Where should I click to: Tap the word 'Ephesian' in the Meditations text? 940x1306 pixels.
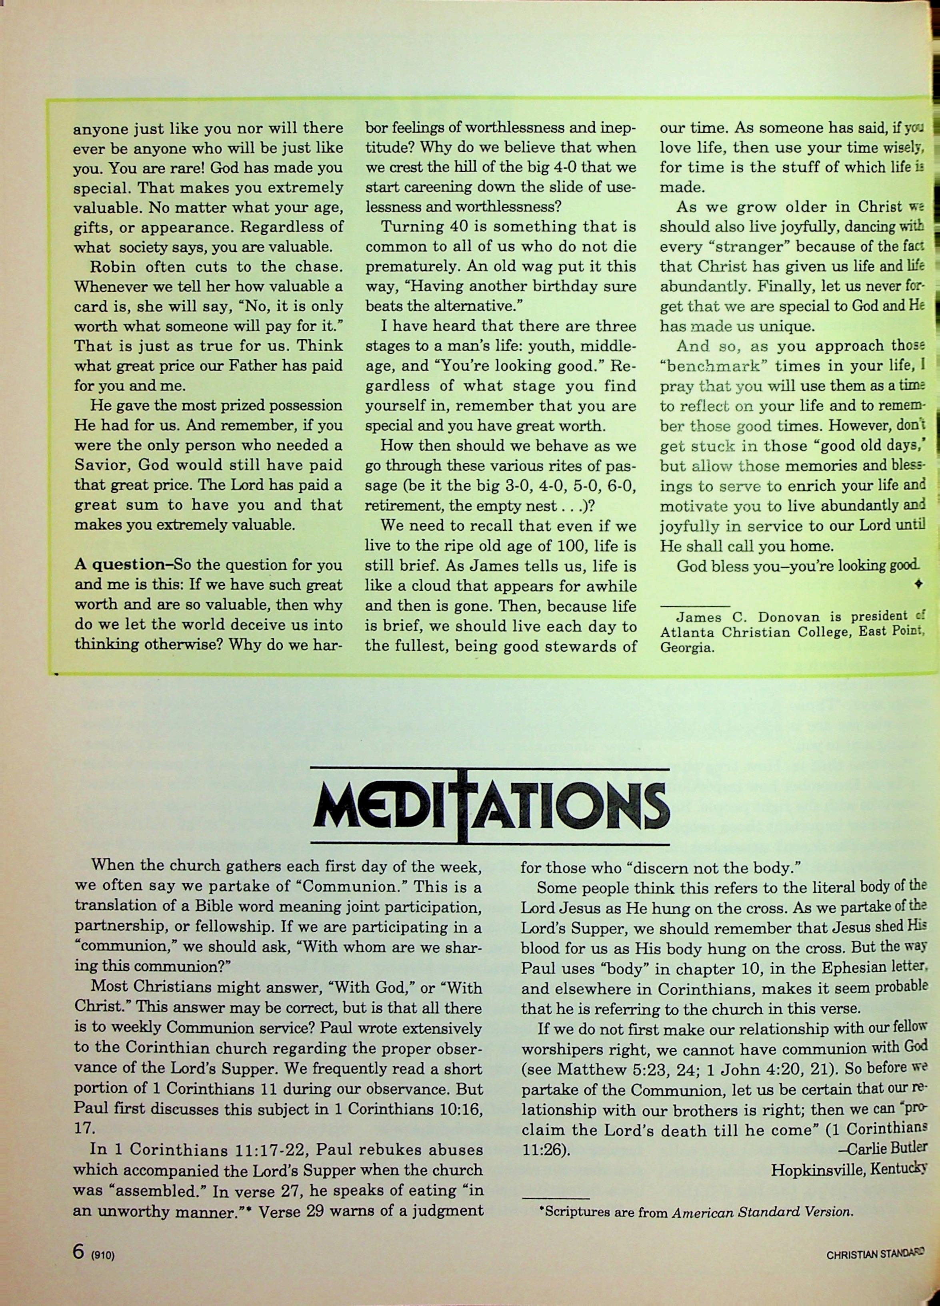tap(844, 968)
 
